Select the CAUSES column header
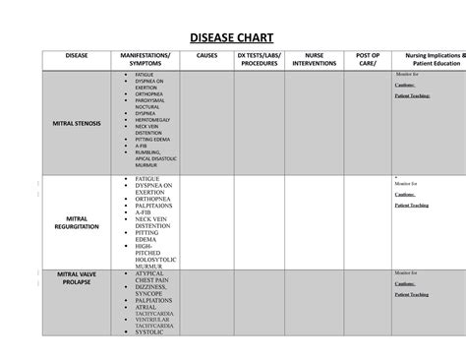pyautogui.click(x=206, y=55)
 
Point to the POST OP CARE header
pyautogui.click(x=367, y=59)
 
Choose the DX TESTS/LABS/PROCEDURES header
pyautogui.click(x=258, y=59)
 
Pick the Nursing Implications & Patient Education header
pyautogui.click(x=427, y=59)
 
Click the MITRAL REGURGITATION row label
pyautogui.click(x=75, y=221)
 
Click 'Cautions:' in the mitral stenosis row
pyautogui.click(x=406, y=86)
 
